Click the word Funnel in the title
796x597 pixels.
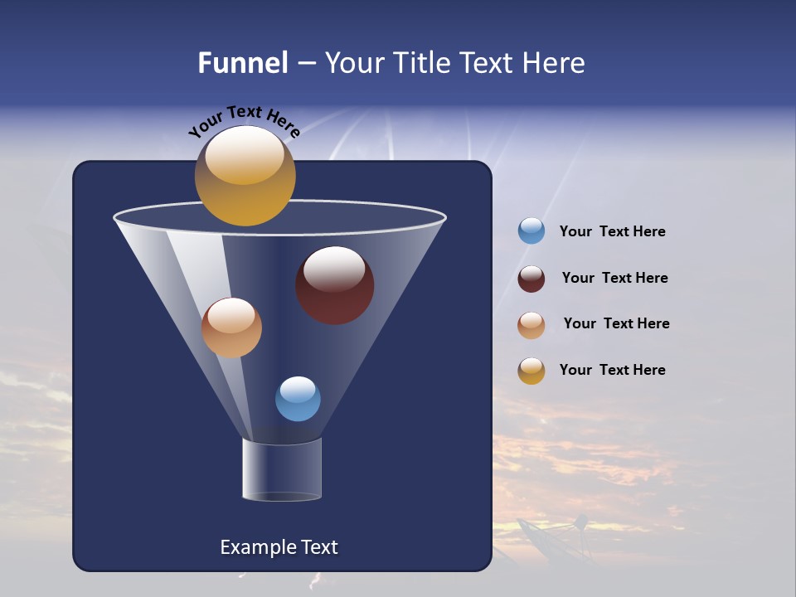tap(242, 63)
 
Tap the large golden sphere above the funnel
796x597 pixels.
tap(245, 176)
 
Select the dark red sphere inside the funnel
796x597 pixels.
tap(334, 285)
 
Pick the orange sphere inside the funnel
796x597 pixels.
tap(231, 328)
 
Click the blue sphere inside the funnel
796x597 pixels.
tap(298, 399)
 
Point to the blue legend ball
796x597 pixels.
tap(531, 231)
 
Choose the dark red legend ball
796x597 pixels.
tap(531, 279)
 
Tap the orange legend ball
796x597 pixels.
tap(531, 324)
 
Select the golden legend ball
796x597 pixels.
tap(531, 371)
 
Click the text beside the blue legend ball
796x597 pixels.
tap(612, 232)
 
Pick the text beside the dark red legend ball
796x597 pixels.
tap(614, 279)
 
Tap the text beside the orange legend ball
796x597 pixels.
tap(616, 324)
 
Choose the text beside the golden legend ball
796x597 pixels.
tap(612, 371)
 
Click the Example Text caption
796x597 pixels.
tap(279, 547)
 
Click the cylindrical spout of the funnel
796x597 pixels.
tap(282, 469)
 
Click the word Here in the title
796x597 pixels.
tap(555, 63)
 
